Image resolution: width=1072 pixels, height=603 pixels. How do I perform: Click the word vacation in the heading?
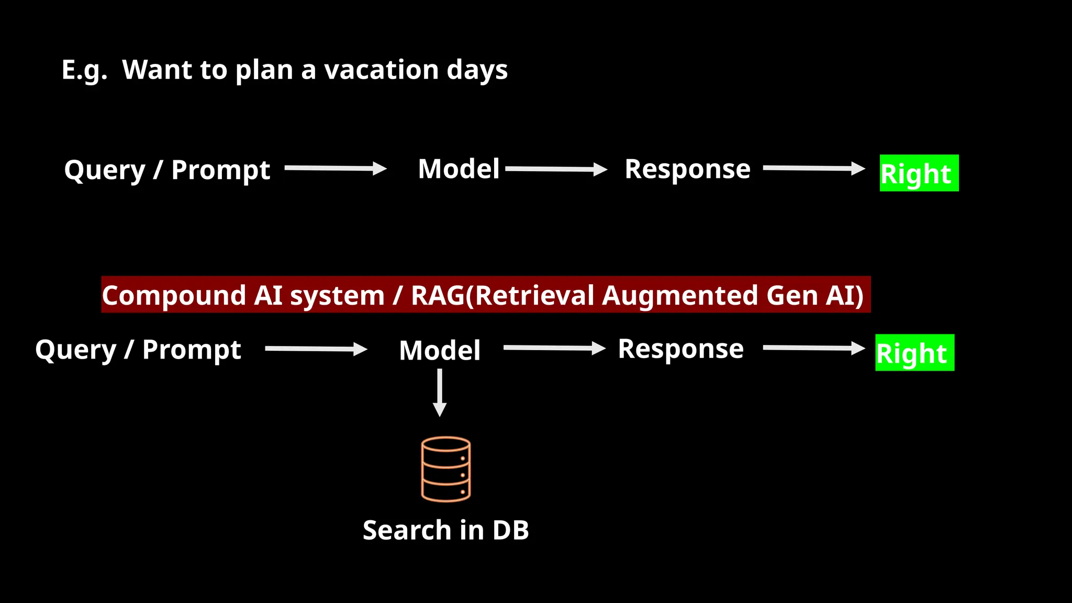[x=381, y=70]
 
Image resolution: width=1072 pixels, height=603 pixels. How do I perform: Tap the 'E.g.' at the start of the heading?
[x=84, y=70]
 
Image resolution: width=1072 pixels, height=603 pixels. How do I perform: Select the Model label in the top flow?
[x=459, y=169]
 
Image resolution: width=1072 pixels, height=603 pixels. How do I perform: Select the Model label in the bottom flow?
[x=440, y=350]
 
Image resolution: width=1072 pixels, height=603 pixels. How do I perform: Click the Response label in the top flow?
[x=687, y=169]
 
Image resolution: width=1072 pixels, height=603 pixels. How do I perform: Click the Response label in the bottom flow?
[x=680, y=349]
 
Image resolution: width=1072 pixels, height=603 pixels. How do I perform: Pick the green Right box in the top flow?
[x=919, y=173]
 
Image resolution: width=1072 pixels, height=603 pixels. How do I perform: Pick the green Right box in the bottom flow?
[x=914, y=353]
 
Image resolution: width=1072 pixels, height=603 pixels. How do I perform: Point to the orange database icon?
[x=446, y=470]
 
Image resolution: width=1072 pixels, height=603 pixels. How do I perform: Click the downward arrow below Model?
[x=440, y=393]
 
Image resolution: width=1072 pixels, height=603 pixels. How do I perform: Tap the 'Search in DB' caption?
[x=446, y=530]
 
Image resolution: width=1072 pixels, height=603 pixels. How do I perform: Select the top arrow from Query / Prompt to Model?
[x=335, y=168]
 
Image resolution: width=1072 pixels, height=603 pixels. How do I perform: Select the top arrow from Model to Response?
[x=556, y=169]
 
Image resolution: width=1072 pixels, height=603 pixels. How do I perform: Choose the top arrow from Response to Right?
[x=813, y=168]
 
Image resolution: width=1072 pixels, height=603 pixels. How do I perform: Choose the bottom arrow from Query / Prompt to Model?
[x=316, y=349]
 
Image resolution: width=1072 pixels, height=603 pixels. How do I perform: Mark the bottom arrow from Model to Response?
[x=554, y=348]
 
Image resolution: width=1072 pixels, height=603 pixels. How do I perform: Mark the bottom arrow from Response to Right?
[x=813, y=348]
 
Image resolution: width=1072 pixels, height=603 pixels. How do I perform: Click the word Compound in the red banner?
[x=174, y=295]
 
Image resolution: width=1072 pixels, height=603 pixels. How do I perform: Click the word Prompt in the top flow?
[x=220, y=171]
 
